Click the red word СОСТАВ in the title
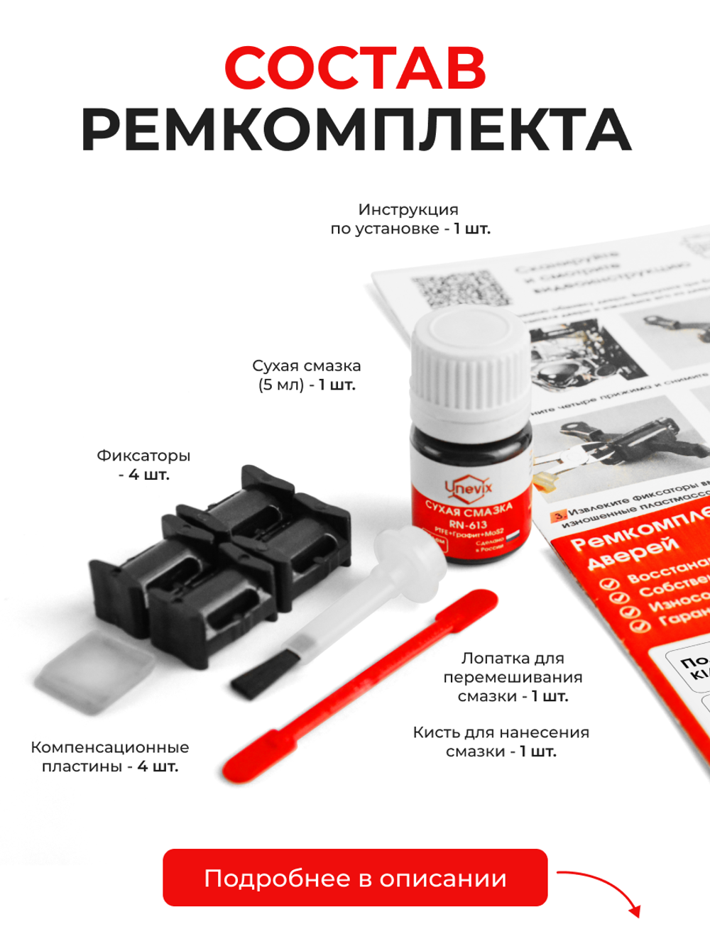(x=355, y=68)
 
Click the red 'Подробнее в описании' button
(x=355, y=878)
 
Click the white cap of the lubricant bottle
(x=470, y=355)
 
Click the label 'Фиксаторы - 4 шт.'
(x=143, y=465)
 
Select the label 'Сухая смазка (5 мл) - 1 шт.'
(x=307, y=375)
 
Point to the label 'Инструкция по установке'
(x=410, y=219)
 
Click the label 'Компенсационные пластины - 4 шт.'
(x=110, y=757)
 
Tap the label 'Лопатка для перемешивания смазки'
(x=513, y=677)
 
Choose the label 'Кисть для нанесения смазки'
(x=501, y=742)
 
